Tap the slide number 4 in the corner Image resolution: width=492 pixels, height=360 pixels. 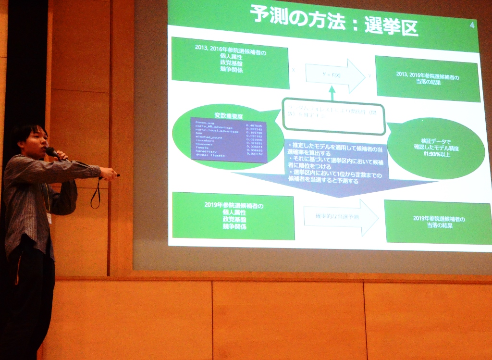(471, 25)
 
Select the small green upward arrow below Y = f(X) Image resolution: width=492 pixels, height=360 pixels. (332, 93)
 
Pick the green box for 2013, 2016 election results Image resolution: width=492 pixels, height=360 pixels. (427, 79)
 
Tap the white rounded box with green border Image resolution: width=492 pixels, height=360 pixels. (333, 116)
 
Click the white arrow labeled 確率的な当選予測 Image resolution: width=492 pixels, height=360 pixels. (341, 217)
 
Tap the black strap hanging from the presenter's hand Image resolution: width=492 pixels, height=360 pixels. (96, 195)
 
